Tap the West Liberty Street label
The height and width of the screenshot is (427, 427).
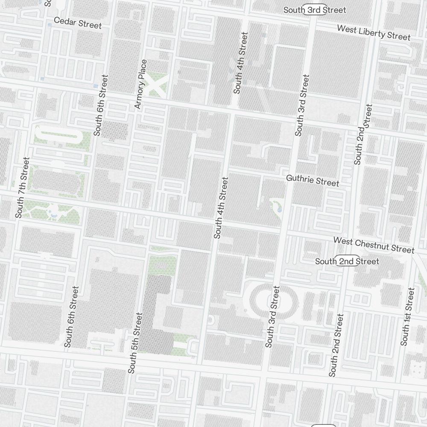pyautogui.click(x=374, y=32)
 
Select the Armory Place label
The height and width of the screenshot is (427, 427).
pyautogui.click(x=141, y=84)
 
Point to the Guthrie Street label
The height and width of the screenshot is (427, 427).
pyautogui.click(x=313, y=180)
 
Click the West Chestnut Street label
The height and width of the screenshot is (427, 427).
pyautogui.click(x=374, y=245)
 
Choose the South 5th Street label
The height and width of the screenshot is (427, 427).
pyautogui.click(x=135, y=343)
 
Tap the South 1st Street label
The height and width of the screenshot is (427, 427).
pyautogui.click(x=407, y=316)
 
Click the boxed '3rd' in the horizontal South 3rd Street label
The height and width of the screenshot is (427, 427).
pyautogui.click(x=315, y=9)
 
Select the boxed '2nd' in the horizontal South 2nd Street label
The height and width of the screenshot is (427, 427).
pyautogui.click(x=347, y=261)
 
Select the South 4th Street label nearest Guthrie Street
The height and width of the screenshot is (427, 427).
pyautogui.click(x=221, y=208)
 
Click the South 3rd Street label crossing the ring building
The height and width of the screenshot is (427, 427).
pyautogui.click(x=272, y=316)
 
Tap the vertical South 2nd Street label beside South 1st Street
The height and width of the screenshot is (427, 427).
pyautogui.click(x=336, y=345)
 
